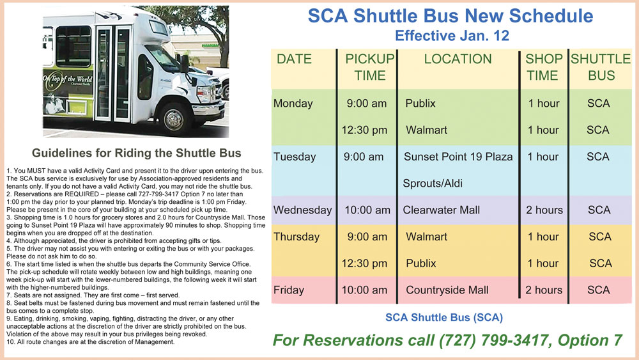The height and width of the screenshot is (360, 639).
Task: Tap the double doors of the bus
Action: [x=113, y=73]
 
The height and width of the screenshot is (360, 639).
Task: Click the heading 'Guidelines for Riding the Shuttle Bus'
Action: [x=137, y=153]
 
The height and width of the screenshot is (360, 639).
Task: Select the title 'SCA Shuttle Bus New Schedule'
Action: [x=450, y=16]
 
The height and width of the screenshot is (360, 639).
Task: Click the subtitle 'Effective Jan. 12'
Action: [x=452, y=36]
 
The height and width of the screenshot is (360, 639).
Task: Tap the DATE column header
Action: [x=294, y=59]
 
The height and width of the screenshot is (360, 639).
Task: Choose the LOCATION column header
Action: [x=458, y=59]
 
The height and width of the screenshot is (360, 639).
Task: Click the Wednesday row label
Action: [x=302, y=210]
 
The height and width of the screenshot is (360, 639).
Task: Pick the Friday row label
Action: [x=289, y=290]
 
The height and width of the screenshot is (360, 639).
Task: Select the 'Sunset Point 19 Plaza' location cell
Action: [x=458, y=157]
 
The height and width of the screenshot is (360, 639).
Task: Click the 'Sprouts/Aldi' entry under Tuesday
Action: [x=433, y=184]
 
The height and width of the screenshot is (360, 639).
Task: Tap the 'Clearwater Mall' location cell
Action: [x=441, y=210]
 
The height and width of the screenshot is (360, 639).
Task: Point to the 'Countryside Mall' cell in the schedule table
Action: [x=447, y=290]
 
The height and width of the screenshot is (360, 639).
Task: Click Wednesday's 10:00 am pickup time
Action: [x=367, y=210]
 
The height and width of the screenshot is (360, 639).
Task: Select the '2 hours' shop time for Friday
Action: [x=544, y=290]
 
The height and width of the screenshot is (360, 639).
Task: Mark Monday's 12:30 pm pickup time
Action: [x=364, y=130]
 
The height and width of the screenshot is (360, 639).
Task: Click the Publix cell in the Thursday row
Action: [x=421, y=263]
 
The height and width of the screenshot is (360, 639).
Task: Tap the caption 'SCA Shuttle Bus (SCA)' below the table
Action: [x=444, y=318]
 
